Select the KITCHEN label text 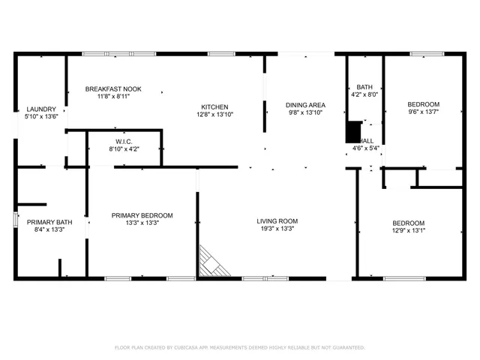(x=214, y=106)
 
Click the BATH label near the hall (x=364, y=87)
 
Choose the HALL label (x=367, y=140)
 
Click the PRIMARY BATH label (x=49, y=222)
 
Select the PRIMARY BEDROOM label (x=142, y=215)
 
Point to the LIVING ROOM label (x=277, y=221)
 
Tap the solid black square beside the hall (x=353, y=131)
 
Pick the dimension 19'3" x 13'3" (x=277, y=229)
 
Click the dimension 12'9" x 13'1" (x=409, y=231)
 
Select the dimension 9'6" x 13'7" (x=423, y=112)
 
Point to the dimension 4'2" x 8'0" (x=364, y=95)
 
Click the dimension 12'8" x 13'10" (x=214, y=115)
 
